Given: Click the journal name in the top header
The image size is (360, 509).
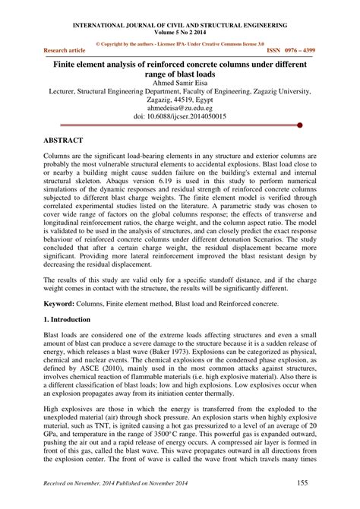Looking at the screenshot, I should click(179, 25).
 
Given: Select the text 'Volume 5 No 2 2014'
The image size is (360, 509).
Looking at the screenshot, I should click(179, 33).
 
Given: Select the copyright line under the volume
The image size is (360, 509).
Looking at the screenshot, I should click(179, 43).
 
